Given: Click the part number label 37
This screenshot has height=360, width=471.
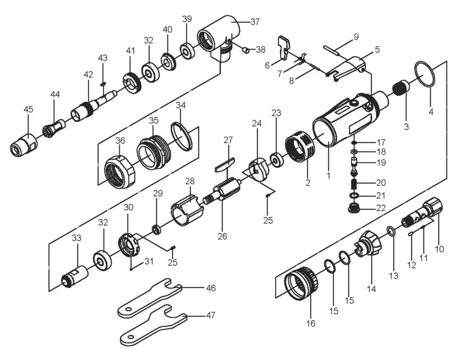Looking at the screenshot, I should pos(255,22).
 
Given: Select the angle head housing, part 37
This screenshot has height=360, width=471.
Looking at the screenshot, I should pos(219,35).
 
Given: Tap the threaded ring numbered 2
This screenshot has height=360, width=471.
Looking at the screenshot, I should pos(299,147).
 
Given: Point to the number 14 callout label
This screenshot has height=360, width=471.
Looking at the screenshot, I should pos(371,289).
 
